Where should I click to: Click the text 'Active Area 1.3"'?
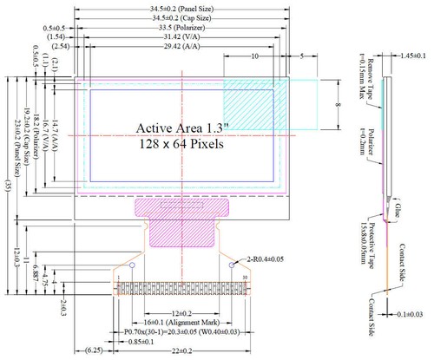[x=181, y=128]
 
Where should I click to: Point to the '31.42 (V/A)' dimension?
[x=181, y=37]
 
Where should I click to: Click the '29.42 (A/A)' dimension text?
[x=181, y=47]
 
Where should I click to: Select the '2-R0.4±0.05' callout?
[x=267, y=258]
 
